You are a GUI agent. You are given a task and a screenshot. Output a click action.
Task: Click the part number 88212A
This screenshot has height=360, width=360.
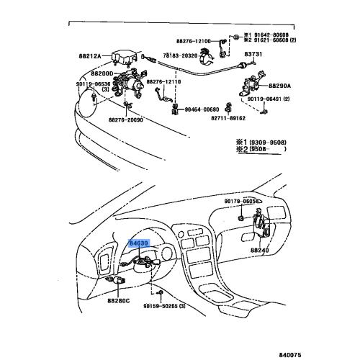click(x=106, y=55)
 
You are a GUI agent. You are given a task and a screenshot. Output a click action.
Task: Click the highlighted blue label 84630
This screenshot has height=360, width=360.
click(x=139, y=244)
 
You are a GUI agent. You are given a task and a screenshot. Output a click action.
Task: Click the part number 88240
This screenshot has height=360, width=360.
click(x=261, y=250)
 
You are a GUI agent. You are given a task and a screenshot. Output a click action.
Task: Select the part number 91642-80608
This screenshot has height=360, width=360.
click(x=270, y=35)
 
